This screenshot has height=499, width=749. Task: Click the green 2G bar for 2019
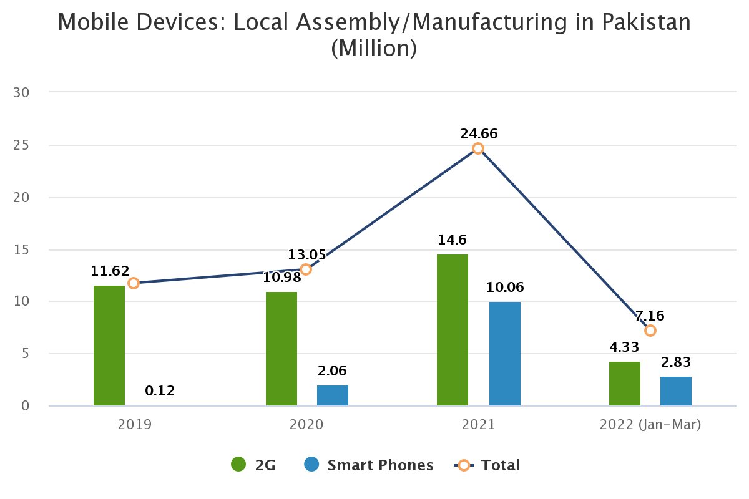tap(109, 346)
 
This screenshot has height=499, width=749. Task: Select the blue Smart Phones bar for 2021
tap(504, 354)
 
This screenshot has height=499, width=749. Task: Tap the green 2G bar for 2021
tap(453, 330)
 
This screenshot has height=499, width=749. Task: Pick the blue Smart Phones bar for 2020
tap(333, 395)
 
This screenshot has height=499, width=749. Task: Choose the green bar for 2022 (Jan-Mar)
tap(624, 384)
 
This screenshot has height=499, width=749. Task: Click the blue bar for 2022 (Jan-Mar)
tap(676, 391)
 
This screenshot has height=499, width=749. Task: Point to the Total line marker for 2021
tap(478, 148)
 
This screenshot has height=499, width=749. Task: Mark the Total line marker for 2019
tap(133, 283)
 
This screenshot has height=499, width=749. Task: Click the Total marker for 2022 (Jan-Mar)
tap(650, 331)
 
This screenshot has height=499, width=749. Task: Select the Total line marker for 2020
tap(306, 269)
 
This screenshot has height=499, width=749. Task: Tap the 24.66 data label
tap(479, 133)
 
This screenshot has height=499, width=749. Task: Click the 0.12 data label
tap(160, 391)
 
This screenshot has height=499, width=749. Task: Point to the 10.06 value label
tap(505, 288)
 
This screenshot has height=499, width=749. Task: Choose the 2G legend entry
tap(253, 465)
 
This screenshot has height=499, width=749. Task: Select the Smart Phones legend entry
tap(368, 465)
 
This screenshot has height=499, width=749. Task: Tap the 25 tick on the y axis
tap(22, 145)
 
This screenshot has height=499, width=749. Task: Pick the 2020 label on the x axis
tap(306, 425)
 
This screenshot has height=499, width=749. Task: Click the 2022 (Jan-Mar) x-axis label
tap(650, 425)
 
